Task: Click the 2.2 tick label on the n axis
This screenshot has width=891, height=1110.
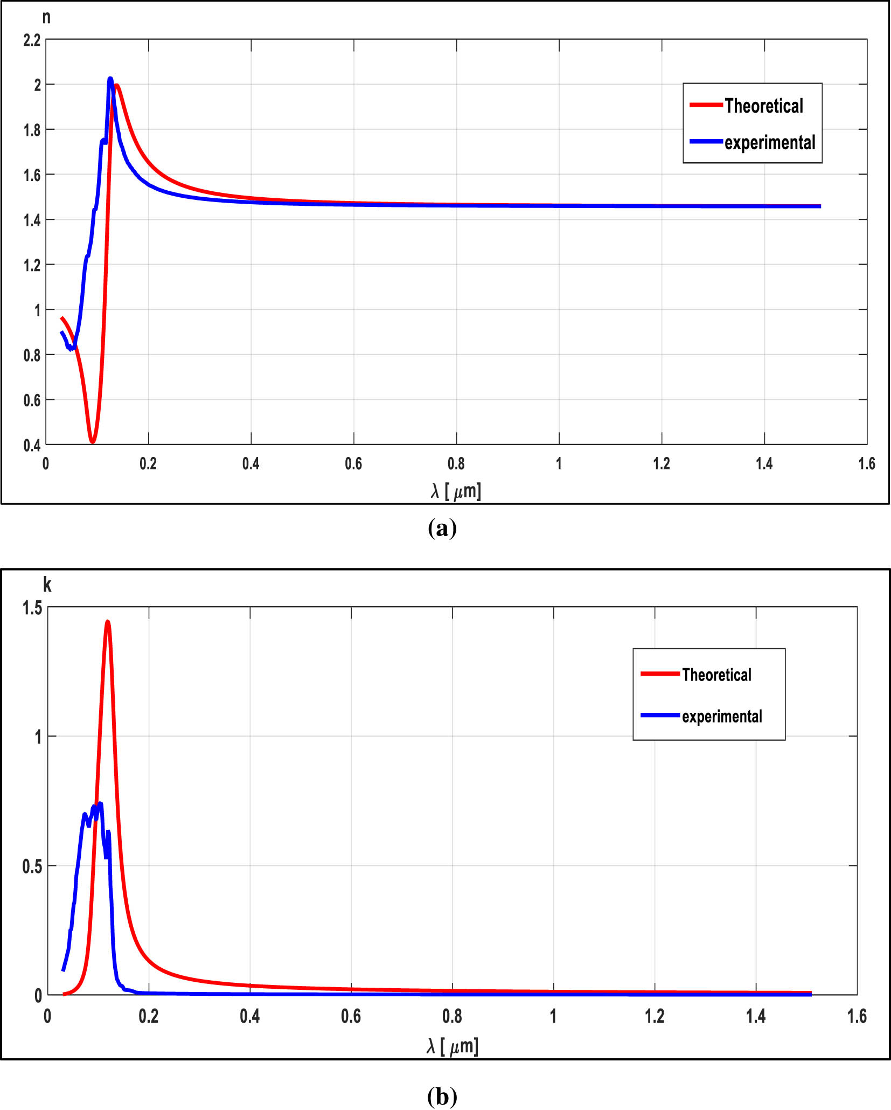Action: (x=32, y=40)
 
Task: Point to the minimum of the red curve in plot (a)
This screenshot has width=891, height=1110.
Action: (x=93, y=441)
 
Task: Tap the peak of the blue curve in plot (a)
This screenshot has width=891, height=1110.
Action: (x=110, y=79)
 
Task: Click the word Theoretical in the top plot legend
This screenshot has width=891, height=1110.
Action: (x=763, y=106)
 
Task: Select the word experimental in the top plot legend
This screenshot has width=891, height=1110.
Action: (x=769, y=143)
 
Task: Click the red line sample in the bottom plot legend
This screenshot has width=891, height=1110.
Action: (x=660, y=674)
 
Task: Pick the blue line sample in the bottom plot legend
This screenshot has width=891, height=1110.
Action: (x=660, y=715)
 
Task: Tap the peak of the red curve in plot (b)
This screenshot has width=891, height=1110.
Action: (x=108, y=622)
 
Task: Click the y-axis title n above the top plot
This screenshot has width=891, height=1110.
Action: (x=47, y=17)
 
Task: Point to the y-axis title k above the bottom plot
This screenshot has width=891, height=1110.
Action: (x=47, y=585)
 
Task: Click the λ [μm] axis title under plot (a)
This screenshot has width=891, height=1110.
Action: (x=456, y=491)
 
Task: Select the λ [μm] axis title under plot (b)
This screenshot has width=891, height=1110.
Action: (x=453, y=1046)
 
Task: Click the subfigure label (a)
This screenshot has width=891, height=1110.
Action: (x=442, y=528)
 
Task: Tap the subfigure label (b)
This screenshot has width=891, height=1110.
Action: (x=442, y=1096)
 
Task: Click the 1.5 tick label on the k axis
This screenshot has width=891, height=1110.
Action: (x=32, y=608)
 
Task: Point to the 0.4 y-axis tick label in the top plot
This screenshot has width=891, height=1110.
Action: (x=32, y=446)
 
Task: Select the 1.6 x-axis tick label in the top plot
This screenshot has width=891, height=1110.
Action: (x=867, y=463)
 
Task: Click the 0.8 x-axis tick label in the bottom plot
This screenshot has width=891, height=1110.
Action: (x=452, y=1016)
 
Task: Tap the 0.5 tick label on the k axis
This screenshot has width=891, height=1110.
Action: (x=32, y=866)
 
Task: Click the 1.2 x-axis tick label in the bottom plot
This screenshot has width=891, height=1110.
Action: (x=655, y=1016)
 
